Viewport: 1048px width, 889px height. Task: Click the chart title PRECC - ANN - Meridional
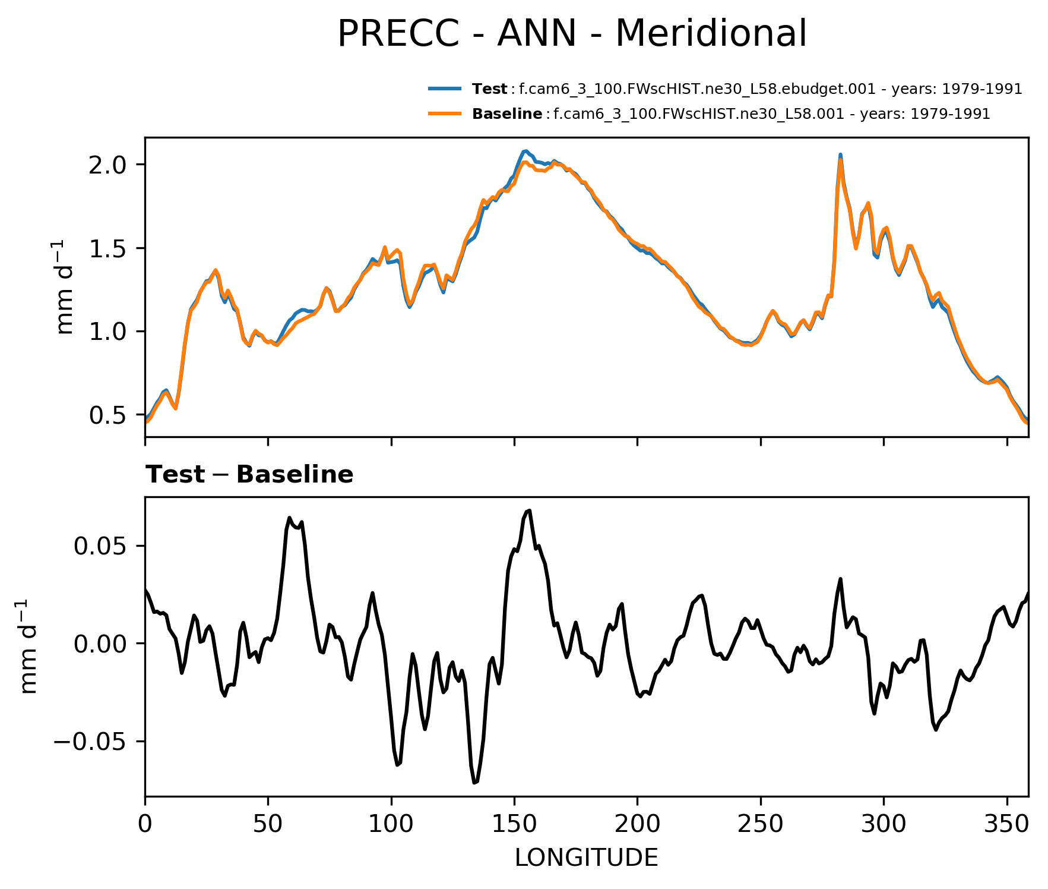(x=572, y=33)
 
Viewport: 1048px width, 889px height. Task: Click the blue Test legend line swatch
(x=445, y=89)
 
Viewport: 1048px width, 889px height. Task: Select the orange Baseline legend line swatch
(x=445, y=114)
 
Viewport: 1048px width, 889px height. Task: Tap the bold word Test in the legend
(x=489, y=89)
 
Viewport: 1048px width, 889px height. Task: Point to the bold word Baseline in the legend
(x=506, y=114)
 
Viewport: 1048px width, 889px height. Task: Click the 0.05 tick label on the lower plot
(x=99, y=546)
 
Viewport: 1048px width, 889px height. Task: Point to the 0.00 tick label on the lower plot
(x=99, y=644)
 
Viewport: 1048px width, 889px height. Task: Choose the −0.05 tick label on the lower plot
(x=91, y=742)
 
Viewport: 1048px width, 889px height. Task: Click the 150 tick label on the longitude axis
(x=514, y=824)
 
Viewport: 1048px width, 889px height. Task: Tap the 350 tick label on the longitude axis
(x=1006, y=824)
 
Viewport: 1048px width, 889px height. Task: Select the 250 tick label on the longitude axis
(x=760, y=824)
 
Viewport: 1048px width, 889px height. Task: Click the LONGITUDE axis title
(x=586, y=858)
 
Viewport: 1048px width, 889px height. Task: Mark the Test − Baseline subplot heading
(x=249, y=475)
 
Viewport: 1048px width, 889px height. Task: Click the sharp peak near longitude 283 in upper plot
(x=840, y=156)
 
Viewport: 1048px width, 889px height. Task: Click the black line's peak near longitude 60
(x=289, y=518)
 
